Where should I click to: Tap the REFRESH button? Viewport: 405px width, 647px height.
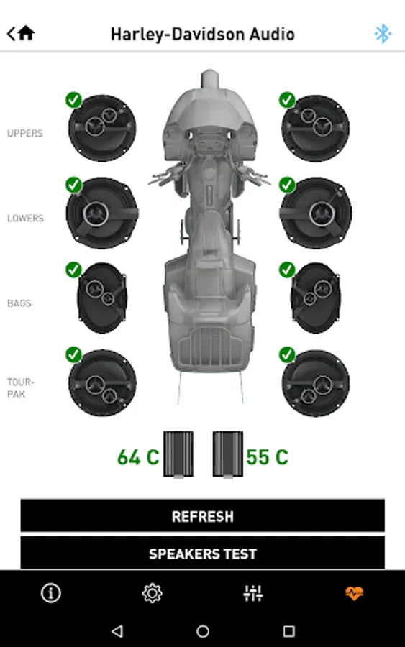point(202,515)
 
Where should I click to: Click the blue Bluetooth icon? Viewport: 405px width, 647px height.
point(383,33)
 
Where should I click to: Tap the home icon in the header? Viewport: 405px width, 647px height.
point(26,33)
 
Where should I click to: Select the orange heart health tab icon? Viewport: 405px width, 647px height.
point(354,593)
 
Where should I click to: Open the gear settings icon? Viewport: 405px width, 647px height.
point(152,593)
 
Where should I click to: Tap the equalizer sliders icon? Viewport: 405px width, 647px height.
point(253,593)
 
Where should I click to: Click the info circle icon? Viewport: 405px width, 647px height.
point(51,593)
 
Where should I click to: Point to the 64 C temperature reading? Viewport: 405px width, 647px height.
point(138,457)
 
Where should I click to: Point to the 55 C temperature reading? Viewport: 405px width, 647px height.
point(267,457)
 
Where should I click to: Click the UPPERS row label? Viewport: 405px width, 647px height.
point(24,133)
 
